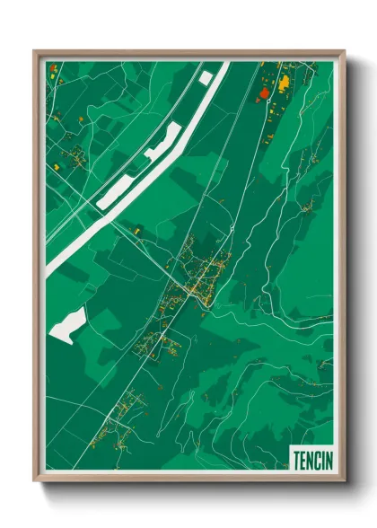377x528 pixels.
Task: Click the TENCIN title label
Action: (311, 460)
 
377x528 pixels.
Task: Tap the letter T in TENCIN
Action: (296, 460)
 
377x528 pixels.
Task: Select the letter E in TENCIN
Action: (302, 460)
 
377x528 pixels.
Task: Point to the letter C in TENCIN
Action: (317, 460)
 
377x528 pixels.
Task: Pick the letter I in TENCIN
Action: (322, 460)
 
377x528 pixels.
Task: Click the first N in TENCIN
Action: (310, 460)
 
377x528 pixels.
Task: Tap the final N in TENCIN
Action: (328, 460)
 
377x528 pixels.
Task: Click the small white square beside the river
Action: (206, 79)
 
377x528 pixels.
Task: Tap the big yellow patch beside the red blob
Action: (284, 84)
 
